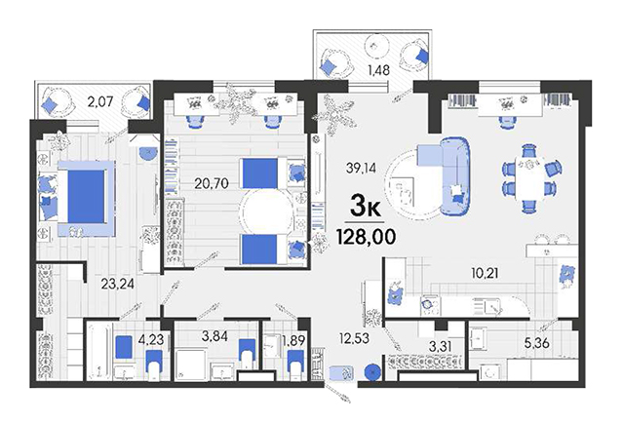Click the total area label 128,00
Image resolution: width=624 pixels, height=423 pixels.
click(x=367, y=237)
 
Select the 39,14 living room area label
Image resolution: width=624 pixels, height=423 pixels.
click(x=361, y=169)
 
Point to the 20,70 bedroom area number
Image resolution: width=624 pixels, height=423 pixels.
click(x=212, y=183)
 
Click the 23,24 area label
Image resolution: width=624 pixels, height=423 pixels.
click(x=117, y=285)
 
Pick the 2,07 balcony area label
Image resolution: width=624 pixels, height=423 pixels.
click(x=100, y=102)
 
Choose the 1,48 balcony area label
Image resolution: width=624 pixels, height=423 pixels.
click(x=378, y=70)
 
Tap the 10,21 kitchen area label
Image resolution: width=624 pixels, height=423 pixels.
click(x=485, y=274)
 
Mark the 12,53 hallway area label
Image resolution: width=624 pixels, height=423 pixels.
click(x=354, y=339)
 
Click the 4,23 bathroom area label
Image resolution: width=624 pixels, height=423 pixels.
click(x=151, y=340)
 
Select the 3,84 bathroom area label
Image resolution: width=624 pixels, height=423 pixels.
click(x=214, y=336)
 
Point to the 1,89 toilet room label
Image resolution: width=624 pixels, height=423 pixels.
click(x=293, y=340)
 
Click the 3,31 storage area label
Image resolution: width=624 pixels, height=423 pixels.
click(x=441, y=346)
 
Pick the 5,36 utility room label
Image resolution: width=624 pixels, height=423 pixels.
click(x=537, y=343)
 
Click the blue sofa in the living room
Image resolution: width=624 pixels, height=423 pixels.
click(x=454, y=175)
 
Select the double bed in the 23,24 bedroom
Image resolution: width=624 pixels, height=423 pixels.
click(x=87, y=198)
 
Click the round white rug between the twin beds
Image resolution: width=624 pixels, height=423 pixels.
click(x=267, y=212)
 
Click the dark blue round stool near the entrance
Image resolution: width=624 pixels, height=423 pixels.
click(x=372, y=372)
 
